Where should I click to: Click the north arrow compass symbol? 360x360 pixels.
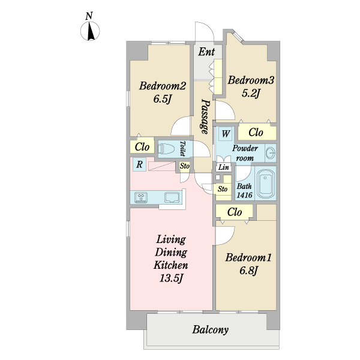pos(90,31)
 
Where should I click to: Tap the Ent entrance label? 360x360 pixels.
pos(206,52)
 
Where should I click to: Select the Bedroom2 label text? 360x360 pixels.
pos(163,86)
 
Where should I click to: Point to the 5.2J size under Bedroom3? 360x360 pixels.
pos(251,93)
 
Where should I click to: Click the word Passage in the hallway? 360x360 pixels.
pos(205,116)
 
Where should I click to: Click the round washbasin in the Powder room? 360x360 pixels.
pos(271,152)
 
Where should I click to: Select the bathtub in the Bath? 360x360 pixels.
pos(265,184)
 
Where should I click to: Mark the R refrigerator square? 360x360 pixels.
pos(139,164)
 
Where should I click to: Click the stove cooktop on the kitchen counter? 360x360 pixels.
pos(141,197)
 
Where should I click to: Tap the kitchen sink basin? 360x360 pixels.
pos(172,197)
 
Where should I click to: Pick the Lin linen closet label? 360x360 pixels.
pos(223,167)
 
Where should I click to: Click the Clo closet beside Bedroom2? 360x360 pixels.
pos(142,147)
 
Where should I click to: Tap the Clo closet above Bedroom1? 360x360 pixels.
pos(235,212)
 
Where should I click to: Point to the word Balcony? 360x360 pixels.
pos(211,330)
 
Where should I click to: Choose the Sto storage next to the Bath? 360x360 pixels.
pos(222,189)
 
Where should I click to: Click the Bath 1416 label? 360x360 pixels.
pos(245,191)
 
